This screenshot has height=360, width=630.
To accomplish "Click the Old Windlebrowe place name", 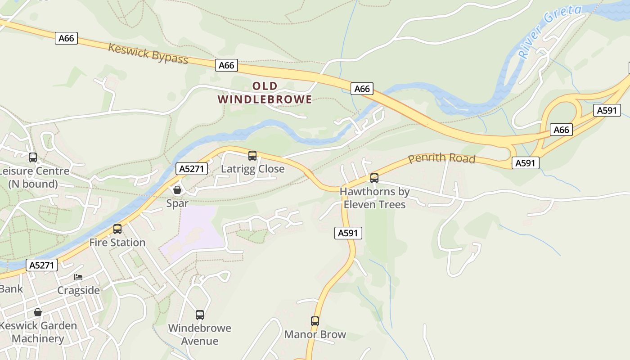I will coord(265,93).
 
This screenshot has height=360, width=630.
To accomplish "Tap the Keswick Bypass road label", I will coord(148,53).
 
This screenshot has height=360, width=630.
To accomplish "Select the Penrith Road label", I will coord(441,158).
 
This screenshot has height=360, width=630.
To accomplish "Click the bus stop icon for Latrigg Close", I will coord(252,156).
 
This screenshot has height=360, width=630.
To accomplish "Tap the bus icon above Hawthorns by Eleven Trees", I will coord(374,178).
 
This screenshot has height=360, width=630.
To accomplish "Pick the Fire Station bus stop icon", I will coord(117,229).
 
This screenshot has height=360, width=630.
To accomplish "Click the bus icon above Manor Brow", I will coord(315,321).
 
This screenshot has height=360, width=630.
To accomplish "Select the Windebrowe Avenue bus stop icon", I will coord(200,315).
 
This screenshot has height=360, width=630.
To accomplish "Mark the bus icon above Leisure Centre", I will coord(33,157).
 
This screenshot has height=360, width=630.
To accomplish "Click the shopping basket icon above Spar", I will coord(177,190).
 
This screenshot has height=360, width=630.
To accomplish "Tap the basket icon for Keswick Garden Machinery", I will coord(38,312).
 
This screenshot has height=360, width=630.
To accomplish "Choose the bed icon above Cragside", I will coord(78,277).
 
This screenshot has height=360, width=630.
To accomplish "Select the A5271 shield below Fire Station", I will coord(43,265).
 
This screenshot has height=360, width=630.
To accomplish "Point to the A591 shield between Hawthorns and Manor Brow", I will coord(348,233).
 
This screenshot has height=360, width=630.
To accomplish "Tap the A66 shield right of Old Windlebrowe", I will coord(362,89).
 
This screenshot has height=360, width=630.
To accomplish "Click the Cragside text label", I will coord(78,290).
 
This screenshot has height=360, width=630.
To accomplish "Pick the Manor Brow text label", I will coord(315,334).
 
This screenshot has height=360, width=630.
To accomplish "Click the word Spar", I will coord(177,203).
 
